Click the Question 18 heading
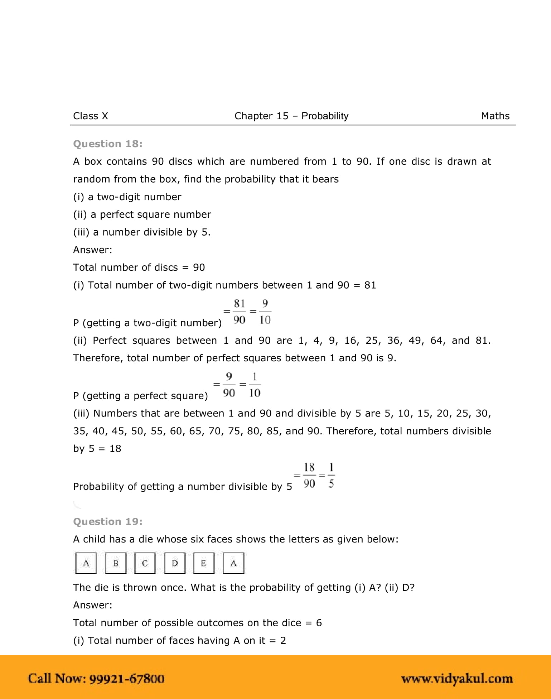(107, 144)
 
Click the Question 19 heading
(107, 522)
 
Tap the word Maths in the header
(495, 116)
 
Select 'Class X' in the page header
(90, 116)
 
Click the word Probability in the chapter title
(325, 116)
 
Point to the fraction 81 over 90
(239, 312)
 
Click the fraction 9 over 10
(265, 312)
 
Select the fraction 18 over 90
(309, 476)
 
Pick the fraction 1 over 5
(331, 476)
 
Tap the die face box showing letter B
(116, 563)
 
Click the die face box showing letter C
(145, 563)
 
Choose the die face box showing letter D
(175, 563)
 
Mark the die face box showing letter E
(204, 563)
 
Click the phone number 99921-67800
(126, 679)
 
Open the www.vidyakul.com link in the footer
(457, 679)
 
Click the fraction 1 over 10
(255, 385)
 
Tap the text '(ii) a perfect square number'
(142, 214)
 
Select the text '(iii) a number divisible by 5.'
(142, 232)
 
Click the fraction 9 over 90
(229, 385)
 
